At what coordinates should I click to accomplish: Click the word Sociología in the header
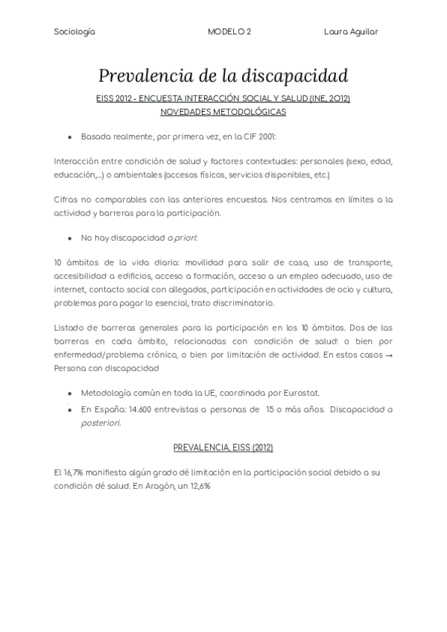(74, 32)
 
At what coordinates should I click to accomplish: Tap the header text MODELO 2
(229, 32)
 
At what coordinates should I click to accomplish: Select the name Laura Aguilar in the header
(351, 32)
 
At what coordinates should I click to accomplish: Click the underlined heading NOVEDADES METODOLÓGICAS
(223, 112)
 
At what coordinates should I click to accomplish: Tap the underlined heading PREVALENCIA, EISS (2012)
(223, 447)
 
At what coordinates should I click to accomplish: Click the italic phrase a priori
(183, 238)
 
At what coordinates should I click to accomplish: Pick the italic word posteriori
(100, 423)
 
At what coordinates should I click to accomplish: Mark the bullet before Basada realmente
(69, 138)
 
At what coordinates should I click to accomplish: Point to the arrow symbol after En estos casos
(389, 355)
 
